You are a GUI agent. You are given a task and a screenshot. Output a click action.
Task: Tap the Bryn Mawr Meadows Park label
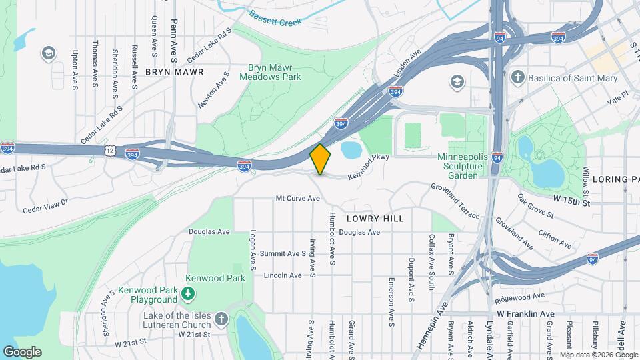click(274, 72)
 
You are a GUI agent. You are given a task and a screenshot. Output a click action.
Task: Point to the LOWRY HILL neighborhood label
click(375, 218)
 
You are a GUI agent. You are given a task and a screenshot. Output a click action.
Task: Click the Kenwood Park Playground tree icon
click(189, 293)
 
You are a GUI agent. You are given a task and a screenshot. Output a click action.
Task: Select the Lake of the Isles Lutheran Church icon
click(221, 318)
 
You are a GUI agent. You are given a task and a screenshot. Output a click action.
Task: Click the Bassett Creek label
click(275, 18)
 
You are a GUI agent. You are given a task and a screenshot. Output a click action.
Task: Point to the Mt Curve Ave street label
click(295, 199)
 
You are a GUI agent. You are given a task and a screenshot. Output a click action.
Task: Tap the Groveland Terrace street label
click(455, 201)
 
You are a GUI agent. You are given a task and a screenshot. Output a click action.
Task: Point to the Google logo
click(22, 351)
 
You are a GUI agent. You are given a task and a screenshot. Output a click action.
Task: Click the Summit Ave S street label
click(282, 253)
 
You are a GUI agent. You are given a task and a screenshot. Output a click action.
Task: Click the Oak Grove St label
click(536, 206)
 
